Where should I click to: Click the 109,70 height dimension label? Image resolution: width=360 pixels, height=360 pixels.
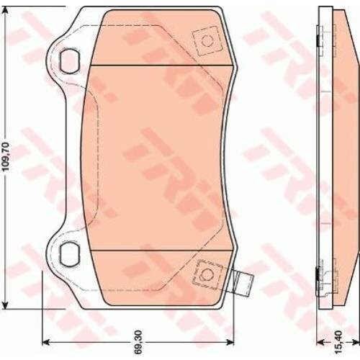6,156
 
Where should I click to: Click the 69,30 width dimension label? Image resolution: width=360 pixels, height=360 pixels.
138,342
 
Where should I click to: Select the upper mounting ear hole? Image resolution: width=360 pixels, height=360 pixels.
69,61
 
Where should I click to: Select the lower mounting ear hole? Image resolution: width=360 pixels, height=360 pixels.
69,254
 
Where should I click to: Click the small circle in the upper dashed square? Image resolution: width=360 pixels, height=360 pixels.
207,41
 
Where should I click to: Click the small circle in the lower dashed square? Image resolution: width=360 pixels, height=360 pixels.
206,274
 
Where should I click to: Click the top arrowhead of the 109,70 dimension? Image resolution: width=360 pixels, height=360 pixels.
5,10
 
